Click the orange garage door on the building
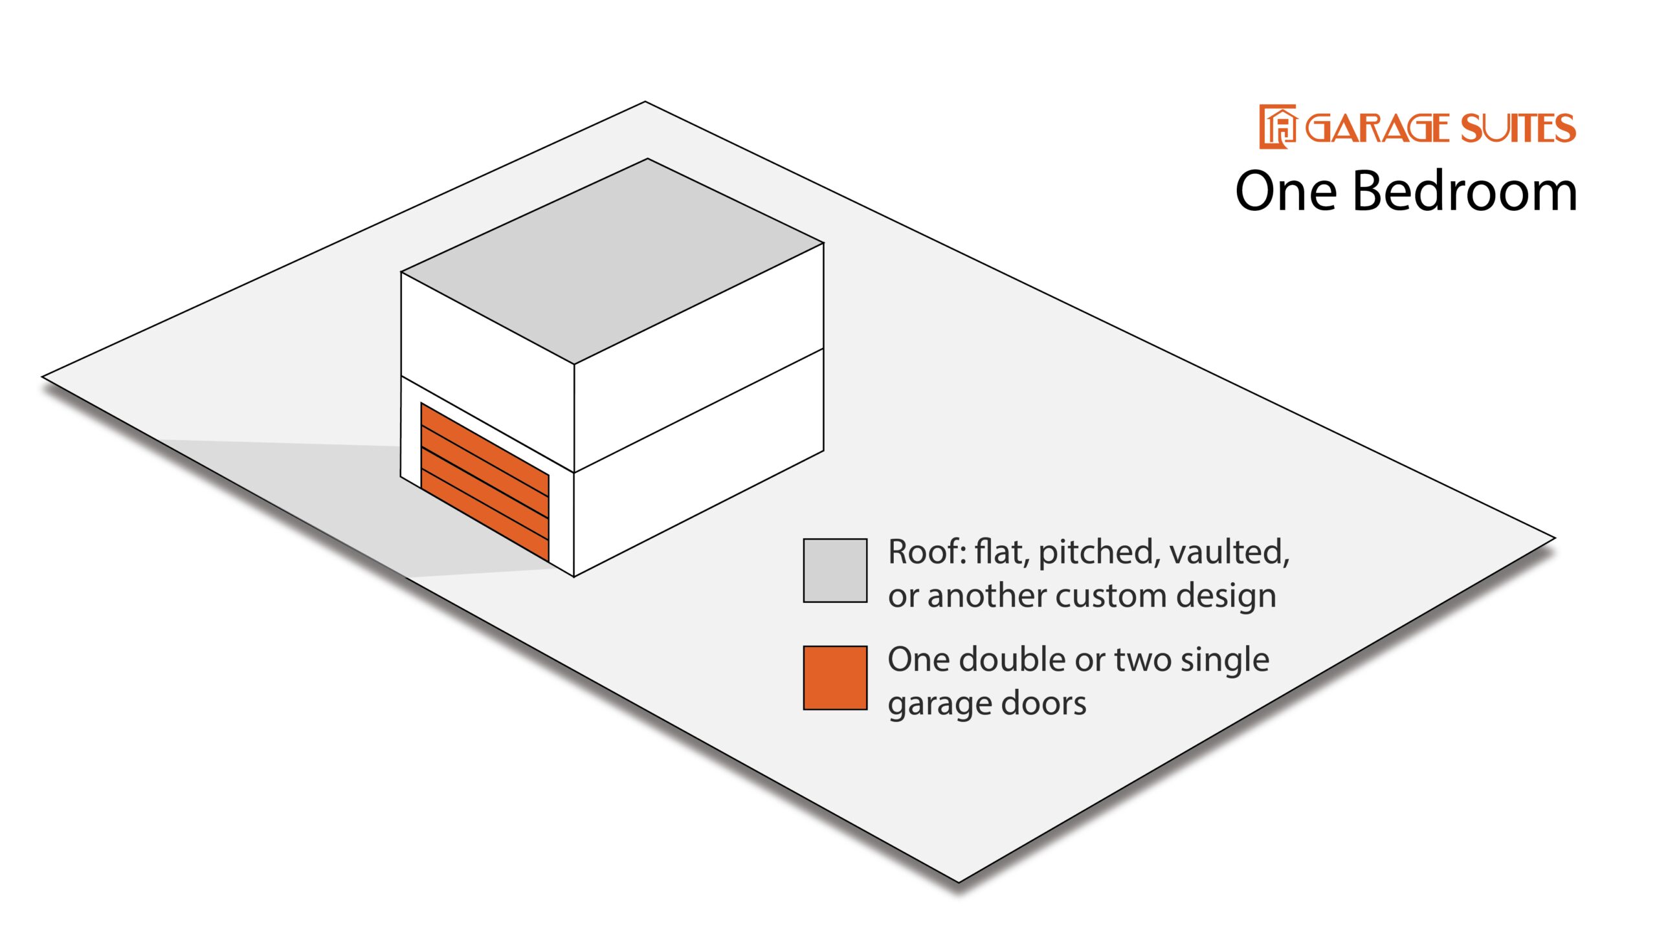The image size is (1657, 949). tap(485, 482)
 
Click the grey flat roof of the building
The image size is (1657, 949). tap(612, 261)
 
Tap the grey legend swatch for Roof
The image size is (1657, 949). tap(835, 571)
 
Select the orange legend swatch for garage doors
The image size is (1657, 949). tap(835, 678)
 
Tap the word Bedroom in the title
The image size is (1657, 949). tap(1465, 191)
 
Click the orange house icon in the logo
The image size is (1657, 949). tap(1277, 126)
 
